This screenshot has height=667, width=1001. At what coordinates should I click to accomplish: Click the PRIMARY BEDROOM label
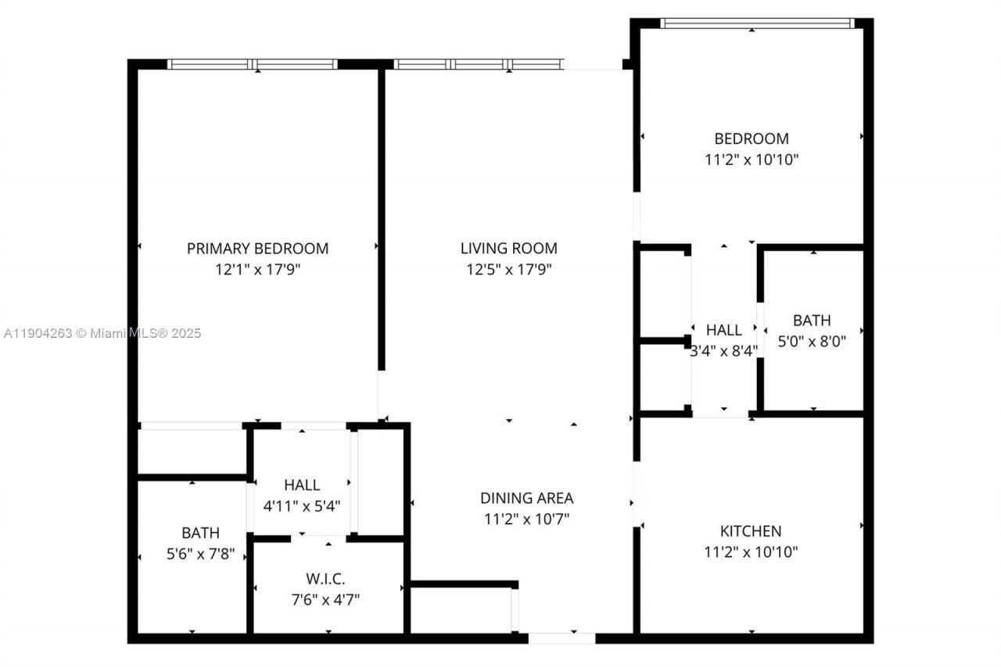(257, 249)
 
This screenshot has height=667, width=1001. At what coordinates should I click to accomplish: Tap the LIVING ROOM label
(508, 249)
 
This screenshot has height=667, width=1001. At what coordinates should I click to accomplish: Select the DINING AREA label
(526, 498)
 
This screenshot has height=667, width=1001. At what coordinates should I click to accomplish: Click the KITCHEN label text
(751, 531)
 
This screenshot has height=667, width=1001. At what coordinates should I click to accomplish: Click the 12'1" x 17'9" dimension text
(257, 270)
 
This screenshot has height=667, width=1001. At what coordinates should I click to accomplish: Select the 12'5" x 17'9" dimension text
(508, 270)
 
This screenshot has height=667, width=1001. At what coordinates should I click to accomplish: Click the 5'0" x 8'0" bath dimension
(812, 342)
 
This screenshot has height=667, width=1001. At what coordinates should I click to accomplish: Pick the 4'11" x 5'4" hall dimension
(301, 506)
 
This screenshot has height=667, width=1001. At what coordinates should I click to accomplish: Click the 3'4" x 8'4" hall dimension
(723, 351)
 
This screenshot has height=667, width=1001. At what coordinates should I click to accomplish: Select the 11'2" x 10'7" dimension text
(526, 518)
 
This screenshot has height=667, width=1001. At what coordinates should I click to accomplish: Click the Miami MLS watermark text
(102, 334)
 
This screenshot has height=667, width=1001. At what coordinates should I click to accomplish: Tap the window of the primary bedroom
(253, 64)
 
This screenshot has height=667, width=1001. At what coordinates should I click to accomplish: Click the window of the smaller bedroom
(756, 23)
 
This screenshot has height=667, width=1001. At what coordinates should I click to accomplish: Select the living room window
(478, 64)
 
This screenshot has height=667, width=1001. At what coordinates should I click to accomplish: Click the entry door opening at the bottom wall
(561, 638)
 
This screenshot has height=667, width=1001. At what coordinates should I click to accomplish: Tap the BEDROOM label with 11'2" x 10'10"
(751, 139)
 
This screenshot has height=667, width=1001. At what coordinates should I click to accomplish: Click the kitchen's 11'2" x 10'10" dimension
(751, 552)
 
